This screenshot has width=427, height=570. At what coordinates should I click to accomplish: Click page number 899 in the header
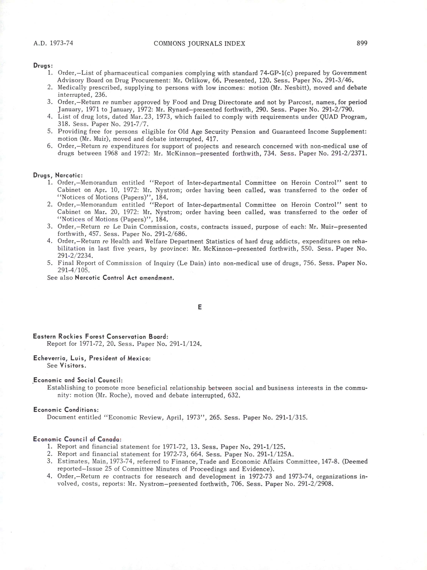point(362,43)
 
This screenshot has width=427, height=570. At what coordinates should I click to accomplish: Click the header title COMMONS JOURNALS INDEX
point(199,43)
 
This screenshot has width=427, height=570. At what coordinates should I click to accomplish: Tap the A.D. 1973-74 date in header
point(53,43)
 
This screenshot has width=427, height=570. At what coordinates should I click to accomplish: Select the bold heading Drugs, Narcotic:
point(58,175)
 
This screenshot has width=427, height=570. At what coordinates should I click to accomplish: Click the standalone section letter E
point(199,307)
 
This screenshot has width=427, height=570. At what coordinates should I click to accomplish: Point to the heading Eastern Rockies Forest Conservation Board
point(101,336)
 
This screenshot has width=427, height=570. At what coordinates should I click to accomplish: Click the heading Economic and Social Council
point(78,380)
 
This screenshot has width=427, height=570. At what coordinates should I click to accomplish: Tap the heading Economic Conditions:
point(66,410)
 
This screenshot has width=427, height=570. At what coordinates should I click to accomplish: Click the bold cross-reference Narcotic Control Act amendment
point(124,278)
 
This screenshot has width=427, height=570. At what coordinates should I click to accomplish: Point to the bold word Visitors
point(73,366)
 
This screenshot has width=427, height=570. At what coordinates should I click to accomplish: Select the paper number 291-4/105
point(73,270)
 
